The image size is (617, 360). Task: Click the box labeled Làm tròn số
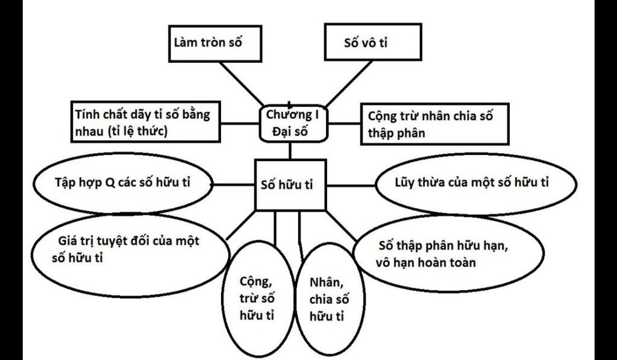coord(215,43)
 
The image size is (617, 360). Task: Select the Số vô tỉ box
coord(372,42)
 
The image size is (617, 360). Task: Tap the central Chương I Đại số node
coord(293,123)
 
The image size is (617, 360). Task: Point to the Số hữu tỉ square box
coord(290,185)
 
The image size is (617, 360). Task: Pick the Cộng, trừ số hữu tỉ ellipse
coord(258,298)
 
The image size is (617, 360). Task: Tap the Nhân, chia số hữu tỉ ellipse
coord(330,298)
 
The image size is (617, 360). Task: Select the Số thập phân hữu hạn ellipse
coord(448,253)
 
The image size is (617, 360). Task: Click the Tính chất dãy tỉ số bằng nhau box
coord(145,122)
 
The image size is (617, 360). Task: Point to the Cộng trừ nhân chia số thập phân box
coord(435,124)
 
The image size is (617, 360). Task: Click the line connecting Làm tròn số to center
coord(241,83)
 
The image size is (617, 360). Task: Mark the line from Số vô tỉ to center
coord(349,83)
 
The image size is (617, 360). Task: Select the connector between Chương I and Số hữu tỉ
coord(290,151)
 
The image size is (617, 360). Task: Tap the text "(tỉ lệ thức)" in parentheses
coord(137,131)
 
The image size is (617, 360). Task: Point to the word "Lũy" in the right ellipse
coord(404,183)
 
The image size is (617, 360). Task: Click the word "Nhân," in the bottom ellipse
coord(325,282)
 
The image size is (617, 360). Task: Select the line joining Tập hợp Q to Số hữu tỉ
coord(233,185)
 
